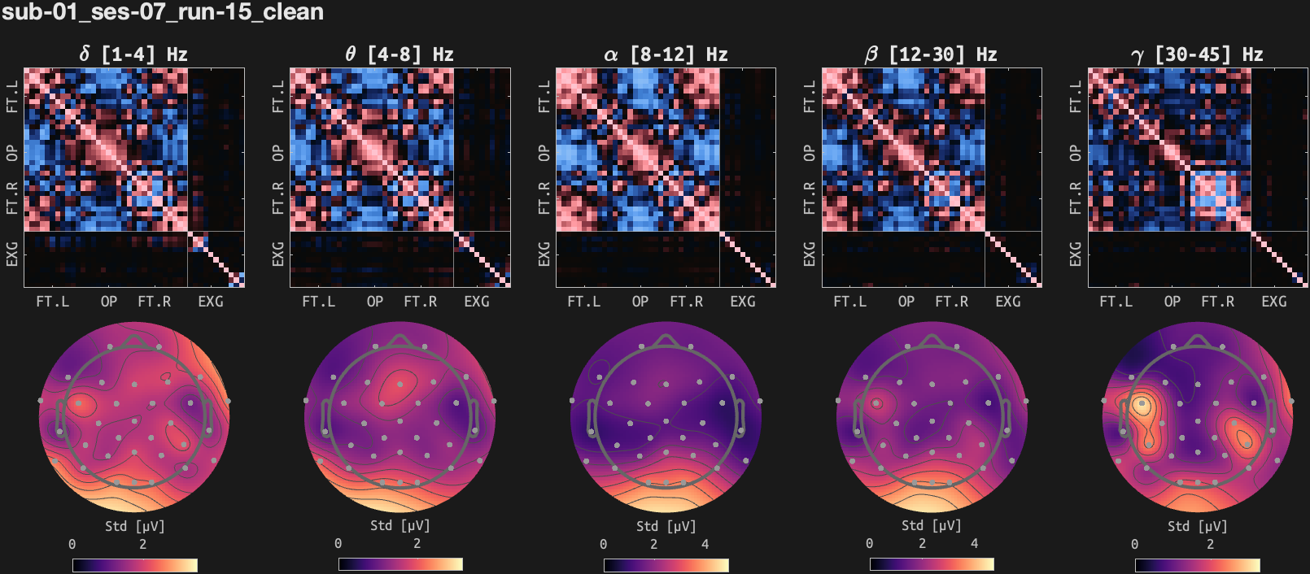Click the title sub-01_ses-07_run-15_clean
(163, 12)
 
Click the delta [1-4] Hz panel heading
(133, 54)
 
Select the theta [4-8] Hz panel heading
(399, 54)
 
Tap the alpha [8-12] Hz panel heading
(666, 54)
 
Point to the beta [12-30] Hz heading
(931, 54)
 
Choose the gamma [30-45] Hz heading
(1197, 54)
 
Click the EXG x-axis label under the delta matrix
(211, 302)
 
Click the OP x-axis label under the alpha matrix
(640, 302)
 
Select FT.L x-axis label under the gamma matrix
(1116, 302)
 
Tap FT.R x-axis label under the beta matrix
(951, 302)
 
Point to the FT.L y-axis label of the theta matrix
(278, 96)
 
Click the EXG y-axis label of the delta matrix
(12, 254)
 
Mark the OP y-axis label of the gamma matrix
(1076, 153)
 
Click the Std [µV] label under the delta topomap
(134, 526)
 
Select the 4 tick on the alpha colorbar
(705, 544)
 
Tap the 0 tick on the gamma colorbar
(1135, 544)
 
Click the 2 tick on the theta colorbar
(417, 544)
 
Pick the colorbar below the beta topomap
(932, 564)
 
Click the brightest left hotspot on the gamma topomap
(1142, 403)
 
